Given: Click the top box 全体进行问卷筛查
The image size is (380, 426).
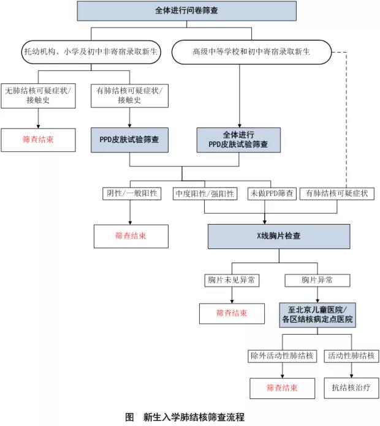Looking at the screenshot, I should click(188, 10).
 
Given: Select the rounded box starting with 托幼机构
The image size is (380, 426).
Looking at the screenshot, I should click(90, 53).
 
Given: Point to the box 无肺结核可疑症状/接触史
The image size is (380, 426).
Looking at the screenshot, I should click(38, 95).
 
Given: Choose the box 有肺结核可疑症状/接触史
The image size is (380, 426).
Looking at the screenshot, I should click(129, 95).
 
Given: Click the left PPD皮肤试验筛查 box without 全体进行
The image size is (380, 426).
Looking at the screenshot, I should click(129, 140).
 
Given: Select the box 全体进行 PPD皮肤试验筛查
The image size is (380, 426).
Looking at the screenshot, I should click(238, 140).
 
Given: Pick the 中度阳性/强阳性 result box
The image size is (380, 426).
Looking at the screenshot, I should click(205, 193).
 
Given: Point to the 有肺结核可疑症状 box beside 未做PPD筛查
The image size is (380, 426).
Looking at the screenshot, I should click(337, 193).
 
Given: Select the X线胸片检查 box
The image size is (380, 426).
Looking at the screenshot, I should click(278, 236).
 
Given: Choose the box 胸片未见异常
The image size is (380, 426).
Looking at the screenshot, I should click(231, 280).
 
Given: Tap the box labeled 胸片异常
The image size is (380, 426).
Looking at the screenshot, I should click(317, 280).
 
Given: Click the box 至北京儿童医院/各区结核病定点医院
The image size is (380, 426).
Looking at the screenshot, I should click(317, 314).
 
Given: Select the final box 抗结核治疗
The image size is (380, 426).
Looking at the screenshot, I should click(352, 387).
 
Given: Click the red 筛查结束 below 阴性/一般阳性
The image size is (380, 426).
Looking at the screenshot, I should click(131, 236).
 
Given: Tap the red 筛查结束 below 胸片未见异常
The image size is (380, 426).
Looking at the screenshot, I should click(231, 313).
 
